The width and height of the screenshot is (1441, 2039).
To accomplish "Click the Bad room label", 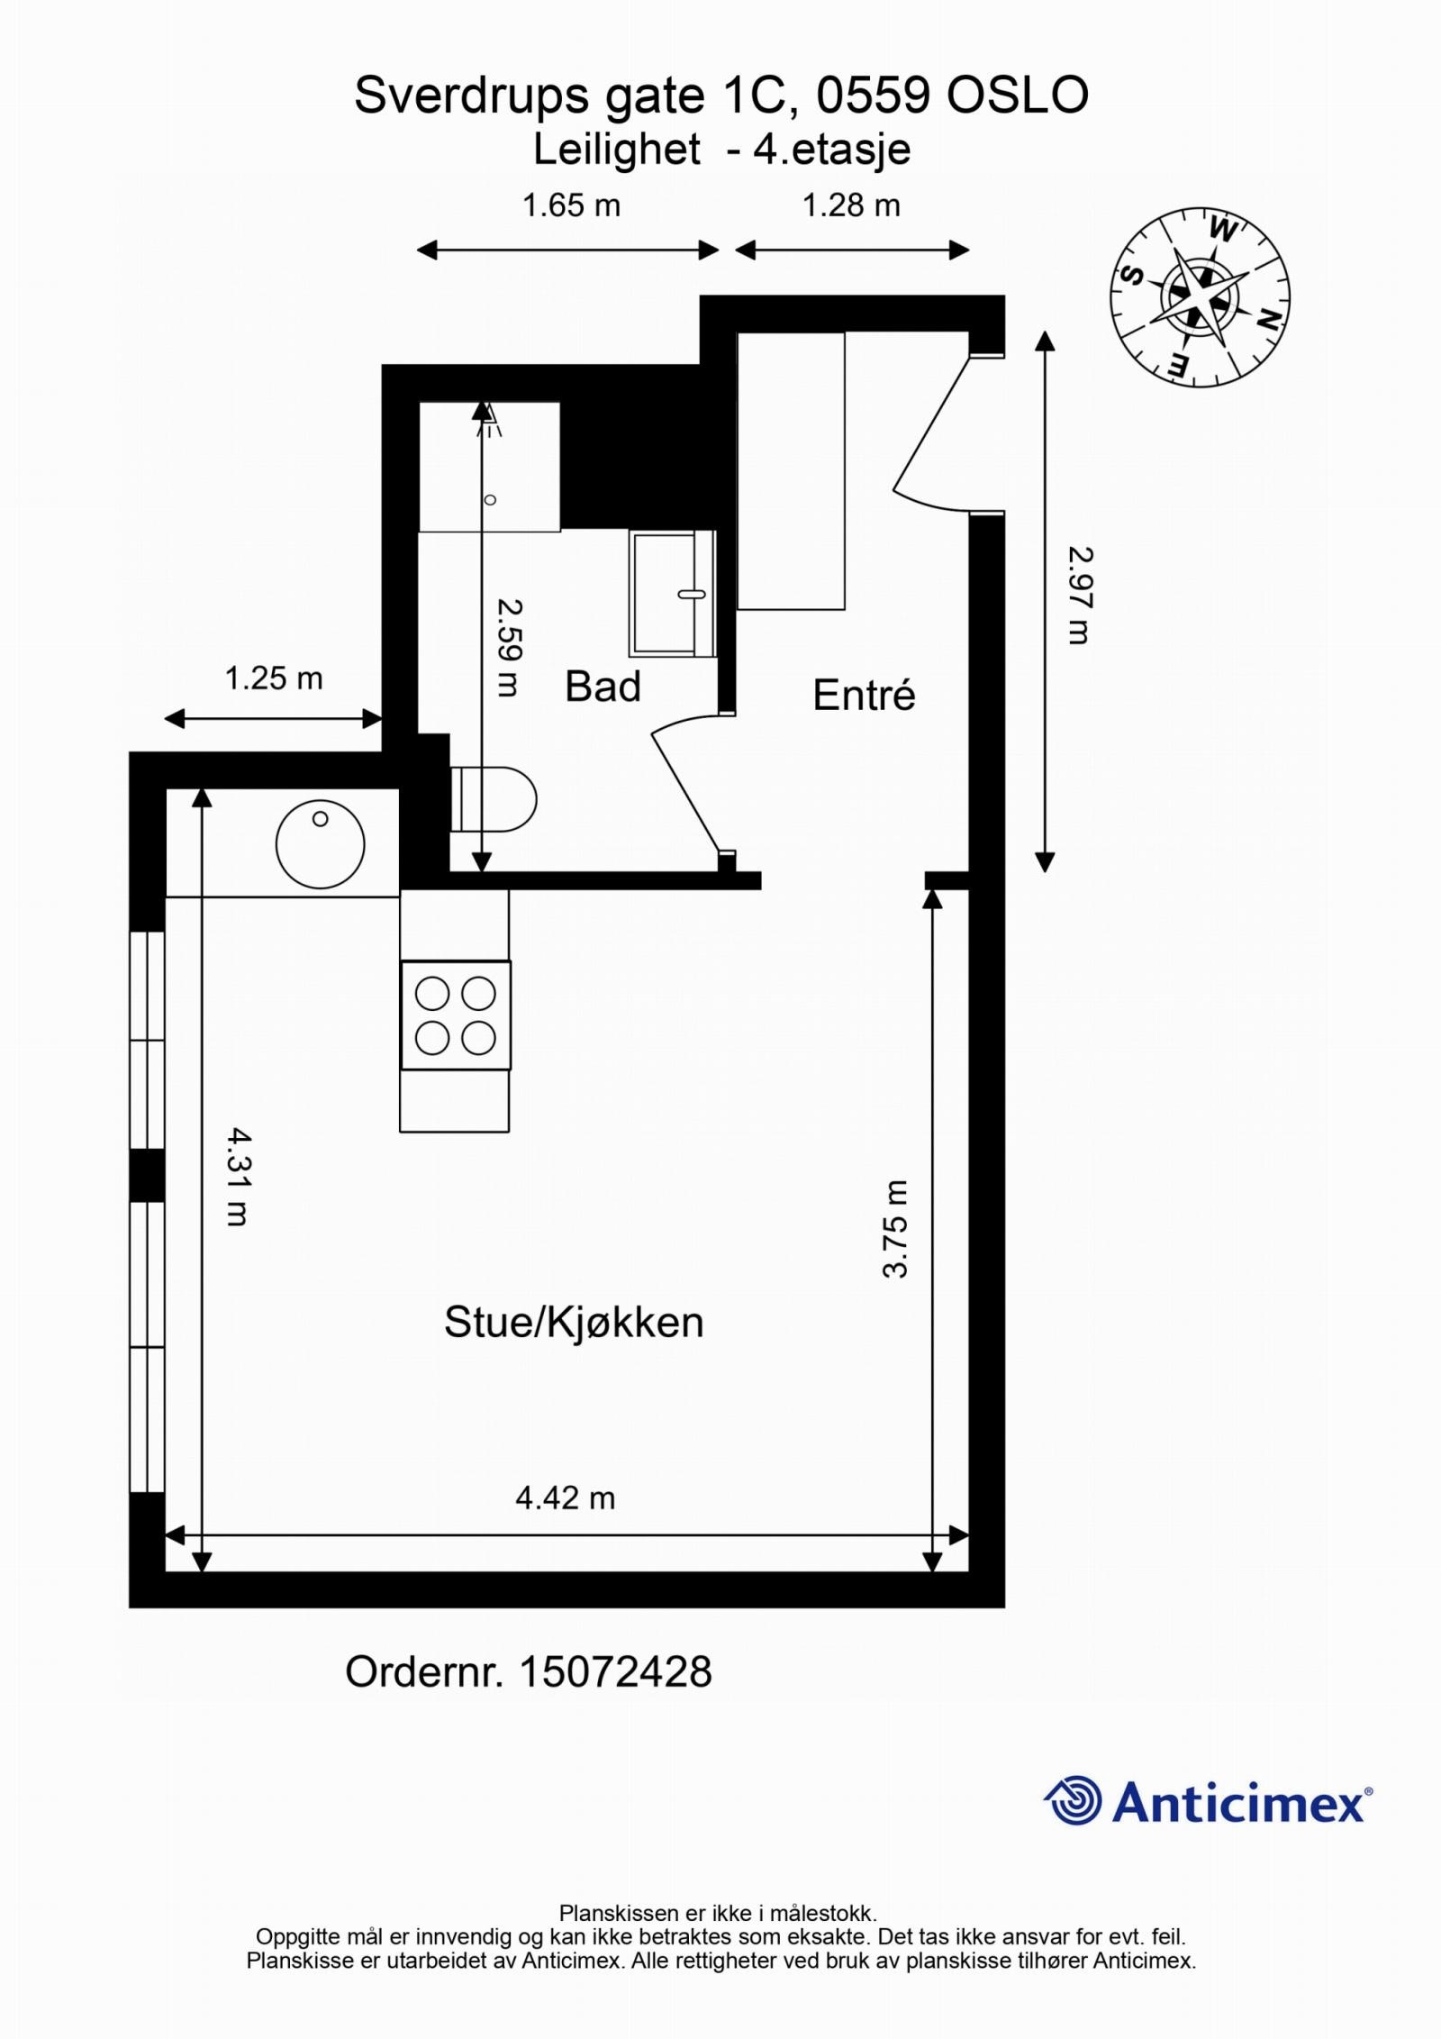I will [x=603, y=687].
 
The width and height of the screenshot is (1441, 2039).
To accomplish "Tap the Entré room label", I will [x=864, y=696].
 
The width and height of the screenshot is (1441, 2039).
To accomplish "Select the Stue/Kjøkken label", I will [x=574, y=1323].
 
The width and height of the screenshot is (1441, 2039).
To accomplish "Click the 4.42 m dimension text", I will [x=565, y=1497].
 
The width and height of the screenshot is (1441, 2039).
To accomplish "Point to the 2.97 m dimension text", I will [x=1079, y=596].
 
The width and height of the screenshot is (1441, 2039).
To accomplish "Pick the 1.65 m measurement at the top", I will [x=571, y=205].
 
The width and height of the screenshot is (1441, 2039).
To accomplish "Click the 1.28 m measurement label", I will [x=851, y=205].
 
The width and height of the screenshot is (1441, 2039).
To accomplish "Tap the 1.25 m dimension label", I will [x=273, y=678].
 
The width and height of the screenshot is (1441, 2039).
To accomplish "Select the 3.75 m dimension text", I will [x=895, y=1228].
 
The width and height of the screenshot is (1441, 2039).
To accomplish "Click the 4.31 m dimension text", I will [x=237, y=1177].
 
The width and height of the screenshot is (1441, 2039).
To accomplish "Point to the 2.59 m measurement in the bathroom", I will [x=510, y=648].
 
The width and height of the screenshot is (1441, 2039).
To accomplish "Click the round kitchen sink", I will [x=320, y=844].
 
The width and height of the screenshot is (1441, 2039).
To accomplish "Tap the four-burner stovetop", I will [x=455, y=1015].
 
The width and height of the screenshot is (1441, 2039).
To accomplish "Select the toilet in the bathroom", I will [x=497, y=799].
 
